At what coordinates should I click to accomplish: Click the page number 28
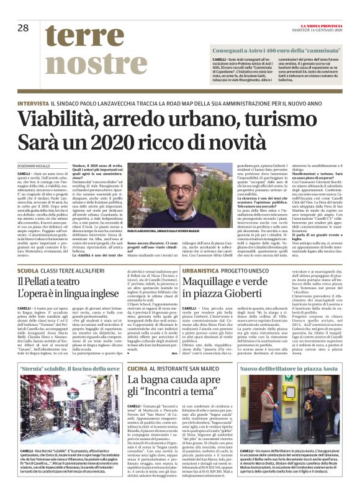24,28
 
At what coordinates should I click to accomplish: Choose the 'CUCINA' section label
137,368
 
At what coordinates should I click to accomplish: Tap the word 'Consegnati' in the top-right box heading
230,48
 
